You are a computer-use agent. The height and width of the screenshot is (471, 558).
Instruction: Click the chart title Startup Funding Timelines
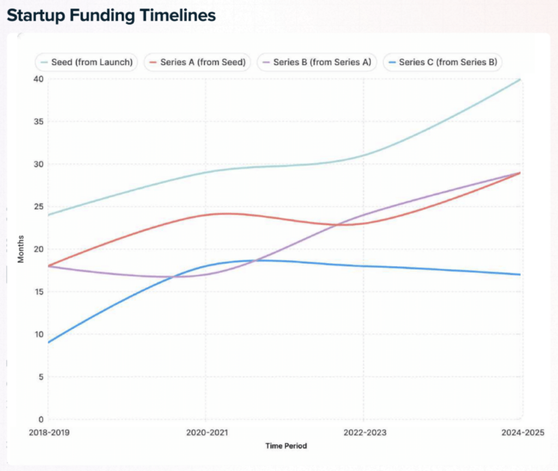pyautogui.click(x=111, y=15)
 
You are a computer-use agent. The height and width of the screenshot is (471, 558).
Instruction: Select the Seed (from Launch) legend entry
pyautogui.click(x=87, y=62)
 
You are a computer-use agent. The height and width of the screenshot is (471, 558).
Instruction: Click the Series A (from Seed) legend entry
pyautogui.click(x=197, y=62)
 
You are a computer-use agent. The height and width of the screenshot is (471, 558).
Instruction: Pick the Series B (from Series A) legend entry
pyautogui.click(x=317, y=62)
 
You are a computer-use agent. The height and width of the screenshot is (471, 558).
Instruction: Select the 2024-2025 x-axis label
pyautogui.click(x=521, y=433)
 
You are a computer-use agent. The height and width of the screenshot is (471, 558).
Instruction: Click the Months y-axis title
pyautogui.click(x=21, y=249)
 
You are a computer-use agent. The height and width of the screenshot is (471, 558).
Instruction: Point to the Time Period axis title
pyautogui.click(x=286, y=446)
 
